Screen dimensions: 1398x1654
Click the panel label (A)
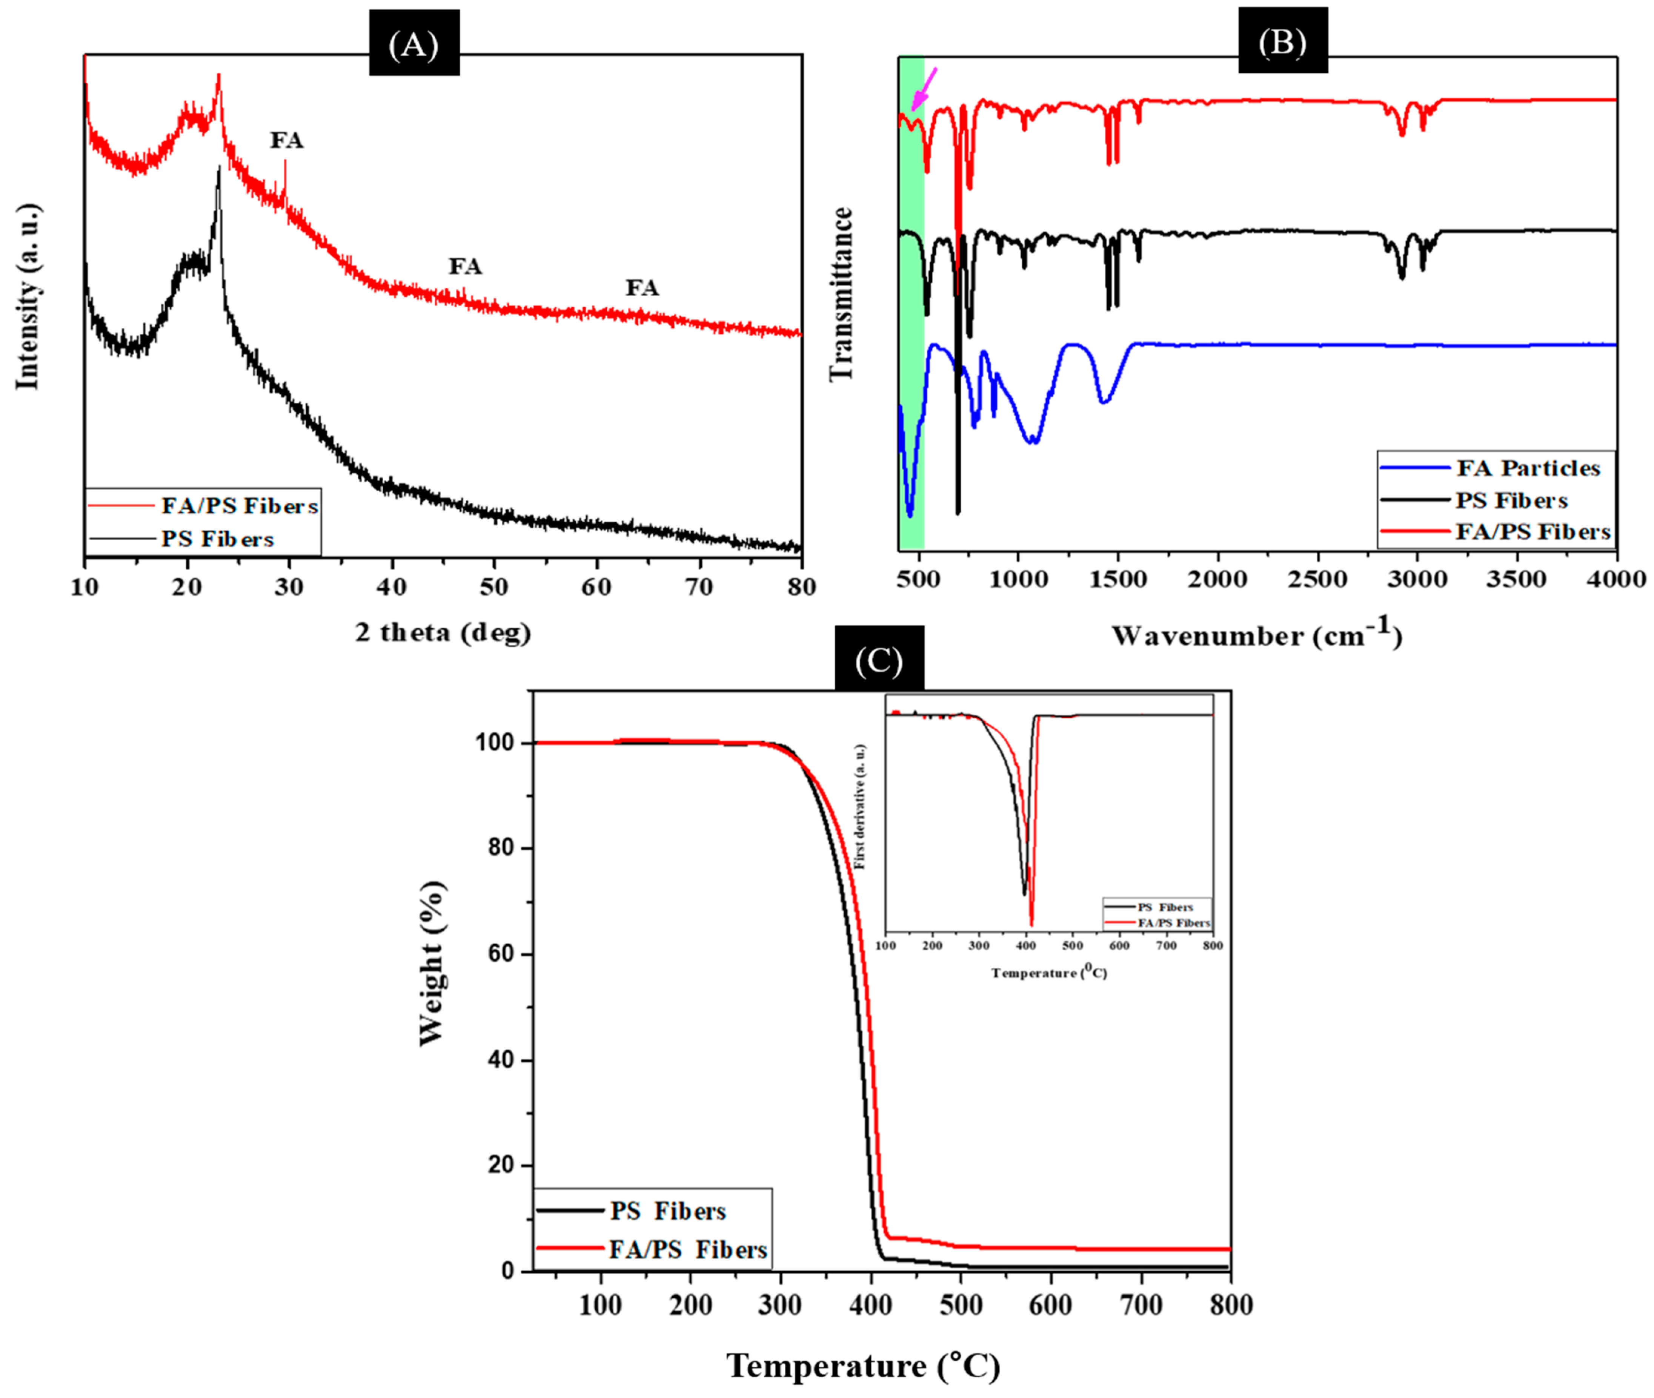414,45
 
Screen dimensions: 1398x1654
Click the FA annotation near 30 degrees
286,140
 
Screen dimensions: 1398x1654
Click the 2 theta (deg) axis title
443,632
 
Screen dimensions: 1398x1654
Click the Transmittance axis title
841,294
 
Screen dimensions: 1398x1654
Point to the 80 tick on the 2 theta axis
802,587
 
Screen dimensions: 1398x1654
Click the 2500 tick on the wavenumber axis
1317,579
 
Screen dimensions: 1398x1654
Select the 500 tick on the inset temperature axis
1072,945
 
